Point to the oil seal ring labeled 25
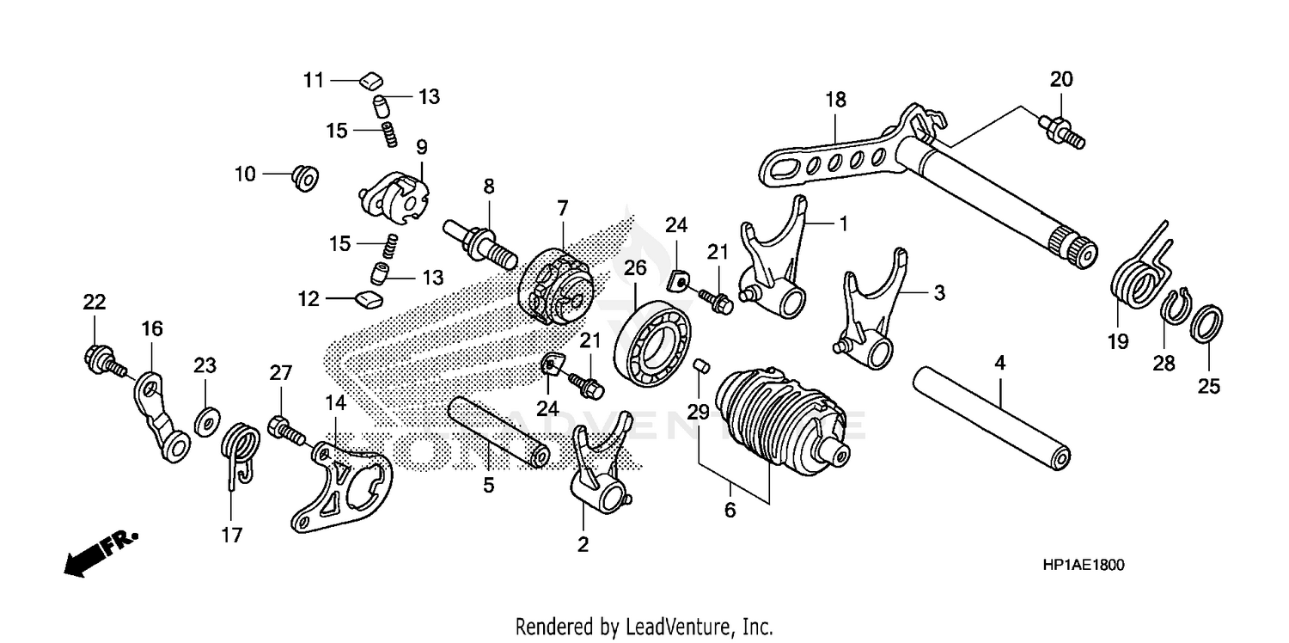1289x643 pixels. (x=1207, y=326)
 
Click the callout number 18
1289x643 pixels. (x=835, y=100)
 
